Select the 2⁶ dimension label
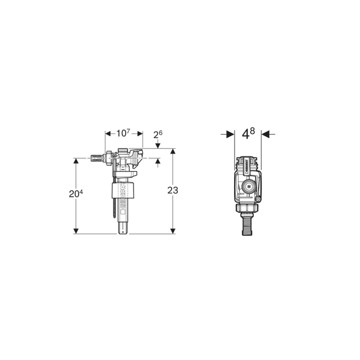coord(157,135)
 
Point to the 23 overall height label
coord(172,190)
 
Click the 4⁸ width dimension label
coord(248,134)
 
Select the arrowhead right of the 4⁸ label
coord(265,134)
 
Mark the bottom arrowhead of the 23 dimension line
coord(172,231)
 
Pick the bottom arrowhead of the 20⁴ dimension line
coord(76,231)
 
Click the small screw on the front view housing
coord(257,199)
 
